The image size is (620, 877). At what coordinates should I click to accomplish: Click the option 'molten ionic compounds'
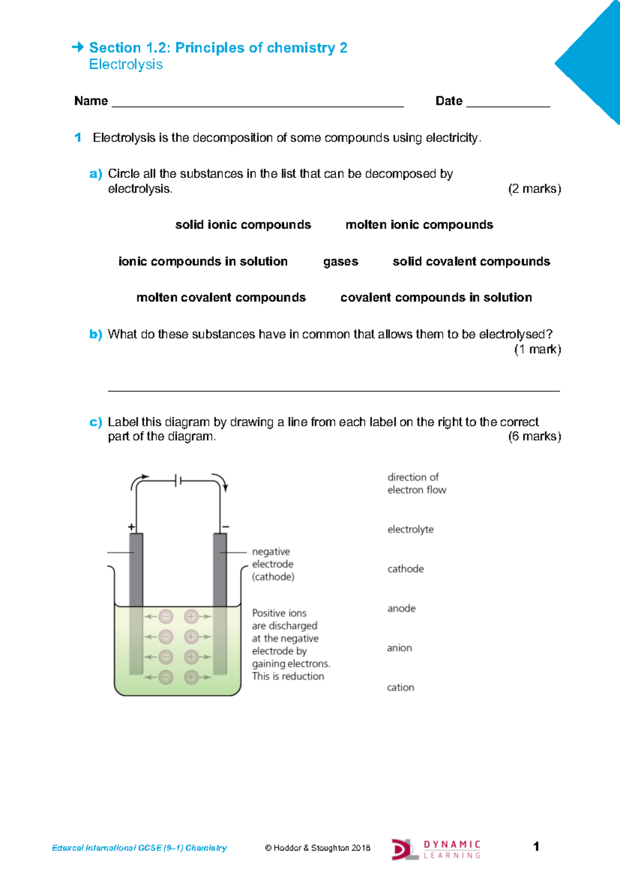click(419, 225)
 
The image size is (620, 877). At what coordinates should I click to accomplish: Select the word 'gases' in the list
click(340, 262)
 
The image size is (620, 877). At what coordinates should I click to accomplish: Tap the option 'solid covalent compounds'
click(471, 262)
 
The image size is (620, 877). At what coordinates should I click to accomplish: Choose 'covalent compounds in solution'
click(436, 298)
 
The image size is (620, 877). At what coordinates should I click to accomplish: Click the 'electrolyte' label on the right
click(410, 530)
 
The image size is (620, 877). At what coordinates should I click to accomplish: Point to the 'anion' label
click(399, 648)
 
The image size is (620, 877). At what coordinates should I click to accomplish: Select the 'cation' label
click(400, 687)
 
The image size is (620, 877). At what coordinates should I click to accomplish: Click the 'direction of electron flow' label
click(416, 483)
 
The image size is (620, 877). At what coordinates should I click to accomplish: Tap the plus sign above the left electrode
click(131, 527)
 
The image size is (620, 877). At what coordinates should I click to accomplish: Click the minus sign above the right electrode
click(225, 527)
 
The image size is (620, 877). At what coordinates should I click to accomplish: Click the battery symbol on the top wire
click(178, 481)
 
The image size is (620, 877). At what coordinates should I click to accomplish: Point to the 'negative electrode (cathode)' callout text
click(273, 564)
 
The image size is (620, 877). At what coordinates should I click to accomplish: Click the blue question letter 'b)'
click(96, 335)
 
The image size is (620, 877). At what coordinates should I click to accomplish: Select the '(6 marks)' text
click(534, 436)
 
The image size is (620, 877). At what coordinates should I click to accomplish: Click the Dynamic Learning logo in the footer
click(436, 849)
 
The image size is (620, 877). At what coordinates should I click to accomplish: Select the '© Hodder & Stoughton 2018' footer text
click(317, 848)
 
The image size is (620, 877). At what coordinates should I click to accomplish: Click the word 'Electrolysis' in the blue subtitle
click(126, 65)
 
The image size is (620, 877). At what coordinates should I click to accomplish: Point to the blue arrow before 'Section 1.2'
click(78, 48)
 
